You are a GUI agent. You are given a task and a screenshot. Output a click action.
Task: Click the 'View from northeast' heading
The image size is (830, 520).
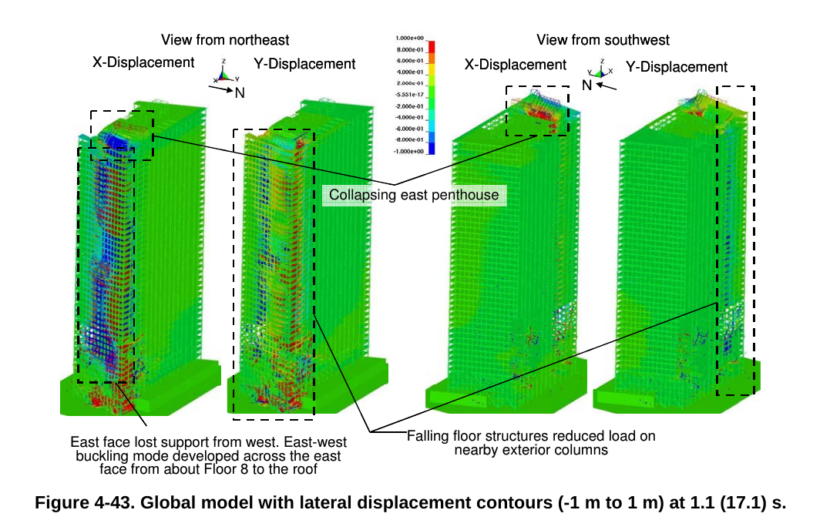[x=225, y=39]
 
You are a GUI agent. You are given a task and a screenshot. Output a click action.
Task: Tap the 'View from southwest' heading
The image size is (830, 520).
[x=603, y=39]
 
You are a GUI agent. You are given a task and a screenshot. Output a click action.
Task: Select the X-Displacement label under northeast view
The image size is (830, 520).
[x=143, y=63]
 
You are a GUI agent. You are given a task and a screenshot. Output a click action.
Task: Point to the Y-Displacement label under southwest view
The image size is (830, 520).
[x=676, y=67]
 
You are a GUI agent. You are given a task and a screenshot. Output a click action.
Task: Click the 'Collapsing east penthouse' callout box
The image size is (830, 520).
[x=415, y=195]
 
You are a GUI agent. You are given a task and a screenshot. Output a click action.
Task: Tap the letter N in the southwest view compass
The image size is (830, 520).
[x=586, y=85]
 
